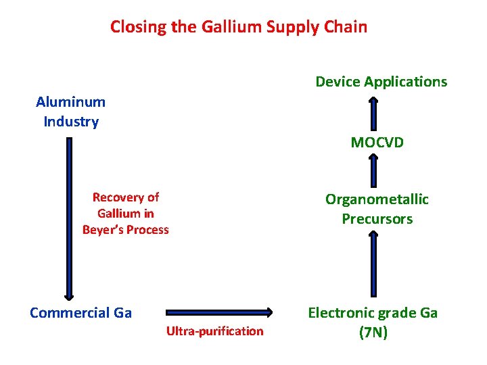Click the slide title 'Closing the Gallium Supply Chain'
click(239, 27)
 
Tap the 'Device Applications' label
click(381, 82)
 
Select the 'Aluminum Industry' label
click(71, 112)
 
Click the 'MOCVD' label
click(377, 143)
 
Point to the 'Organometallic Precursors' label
click(377, 209)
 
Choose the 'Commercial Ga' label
click(81, 312)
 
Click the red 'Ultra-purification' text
click(215, 331)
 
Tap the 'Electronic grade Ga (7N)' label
click(373, 322)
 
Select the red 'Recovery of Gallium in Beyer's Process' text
click(126, 214)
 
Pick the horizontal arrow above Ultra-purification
click(218, 312)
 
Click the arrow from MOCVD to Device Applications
click(373, 113)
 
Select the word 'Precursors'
click(377, 219)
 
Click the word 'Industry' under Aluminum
click(71, 122)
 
